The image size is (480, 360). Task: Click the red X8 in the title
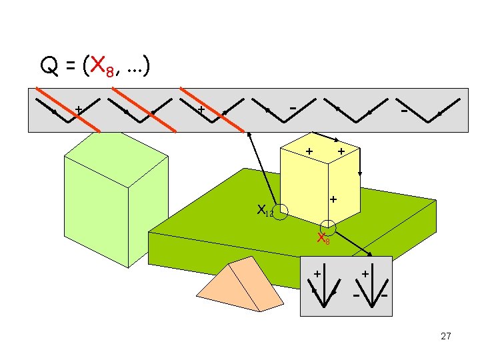point(100,67)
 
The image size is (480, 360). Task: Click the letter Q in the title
point(48,67)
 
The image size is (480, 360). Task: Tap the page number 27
point(446,337)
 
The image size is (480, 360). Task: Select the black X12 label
point(265,211)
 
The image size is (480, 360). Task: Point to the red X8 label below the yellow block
point(323,239)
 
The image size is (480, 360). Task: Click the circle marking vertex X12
point(281,212)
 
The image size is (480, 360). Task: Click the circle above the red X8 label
point(327,227)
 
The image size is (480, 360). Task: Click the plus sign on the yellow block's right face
point(333,199)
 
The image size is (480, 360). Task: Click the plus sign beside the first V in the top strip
point(79,108)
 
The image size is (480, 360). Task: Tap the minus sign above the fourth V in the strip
point(293,107)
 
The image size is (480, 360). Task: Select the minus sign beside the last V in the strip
point(404,111)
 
